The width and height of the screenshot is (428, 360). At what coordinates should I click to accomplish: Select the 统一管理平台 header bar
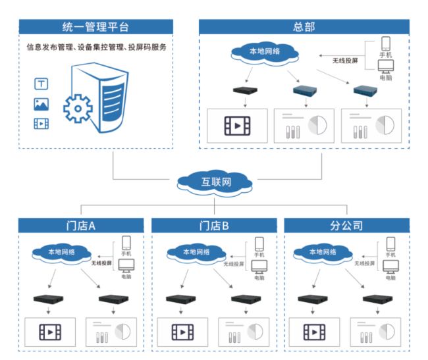(x=95, y=27)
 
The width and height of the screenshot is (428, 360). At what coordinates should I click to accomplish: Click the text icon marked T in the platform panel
(x=40, y=84)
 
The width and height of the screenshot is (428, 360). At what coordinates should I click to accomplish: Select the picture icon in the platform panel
(x=40, y=104)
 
